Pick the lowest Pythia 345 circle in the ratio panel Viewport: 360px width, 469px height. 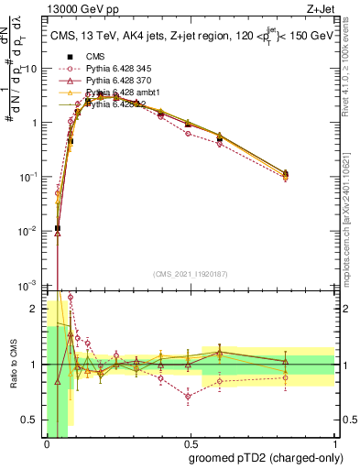(188, 397)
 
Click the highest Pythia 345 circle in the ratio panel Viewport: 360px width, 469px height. (71, 298)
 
